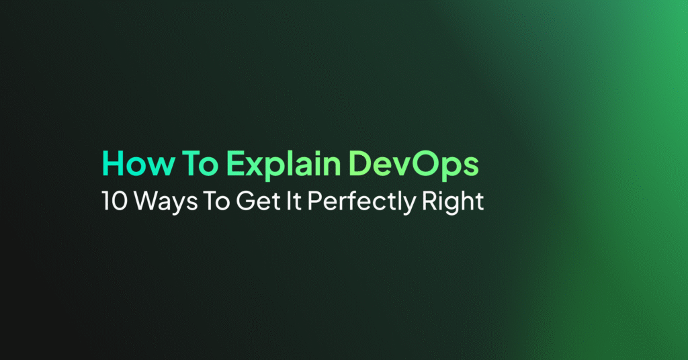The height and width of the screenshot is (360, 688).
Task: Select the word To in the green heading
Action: [x=200, y=164]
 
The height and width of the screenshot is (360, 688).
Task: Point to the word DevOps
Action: [x=414, y=166]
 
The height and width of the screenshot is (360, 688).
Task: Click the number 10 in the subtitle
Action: [x=114, y=201]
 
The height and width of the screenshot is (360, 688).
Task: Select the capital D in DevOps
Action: [x=361, y=164]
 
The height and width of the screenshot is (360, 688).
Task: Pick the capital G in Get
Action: [x=245, y=201]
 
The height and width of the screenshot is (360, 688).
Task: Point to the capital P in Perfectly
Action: [x=314, y=201]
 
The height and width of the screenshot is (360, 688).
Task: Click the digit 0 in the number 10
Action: [x=120, y=201]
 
